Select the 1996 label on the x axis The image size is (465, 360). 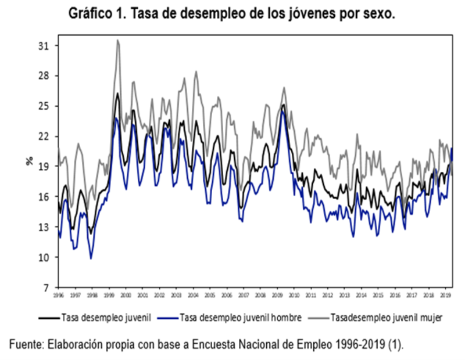pyautogui.click(x=58, y=296)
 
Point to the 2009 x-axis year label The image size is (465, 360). pyautogui.click(x=277, y=296)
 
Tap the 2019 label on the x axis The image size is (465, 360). pyautogui.click(x=446, y=296)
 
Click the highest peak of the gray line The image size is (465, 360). pyautogui.click(x=118, y=40)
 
